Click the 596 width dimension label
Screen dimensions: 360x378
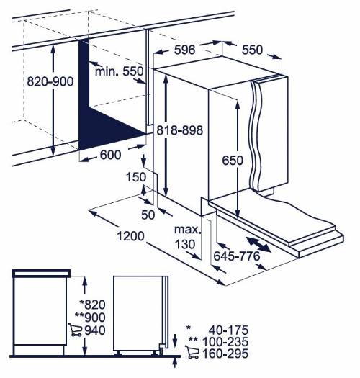184,50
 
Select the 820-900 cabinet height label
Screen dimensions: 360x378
50,81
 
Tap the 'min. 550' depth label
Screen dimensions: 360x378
120,71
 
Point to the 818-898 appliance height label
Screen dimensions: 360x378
179,130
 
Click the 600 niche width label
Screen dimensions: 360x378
110,155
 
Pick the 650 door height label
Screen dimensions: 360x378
233,161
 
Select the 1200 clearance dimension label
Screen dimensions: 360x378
130,236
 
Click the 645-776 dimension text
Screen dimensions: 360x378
237,256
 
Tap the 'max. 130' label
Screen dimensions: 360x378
188,237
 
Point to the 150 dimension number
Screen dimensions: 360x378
136,177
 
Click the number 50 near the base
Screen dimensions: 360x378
148,215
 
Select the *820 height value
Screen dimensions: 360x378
92,305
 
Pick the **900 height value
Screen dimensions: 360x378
90,318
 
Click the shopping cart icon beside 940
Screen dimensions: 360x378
75,330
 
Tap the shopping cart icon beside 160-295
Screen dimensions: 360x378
192,352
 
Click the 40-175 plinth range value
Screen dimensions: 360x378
228,330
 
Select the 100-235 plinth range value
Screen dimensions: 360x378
225,342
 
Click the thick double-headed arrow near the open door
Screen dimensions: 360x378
258,245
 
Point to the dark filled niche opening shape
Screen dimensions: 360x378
102,116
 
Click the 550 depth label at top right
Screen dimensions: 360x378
252,50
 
